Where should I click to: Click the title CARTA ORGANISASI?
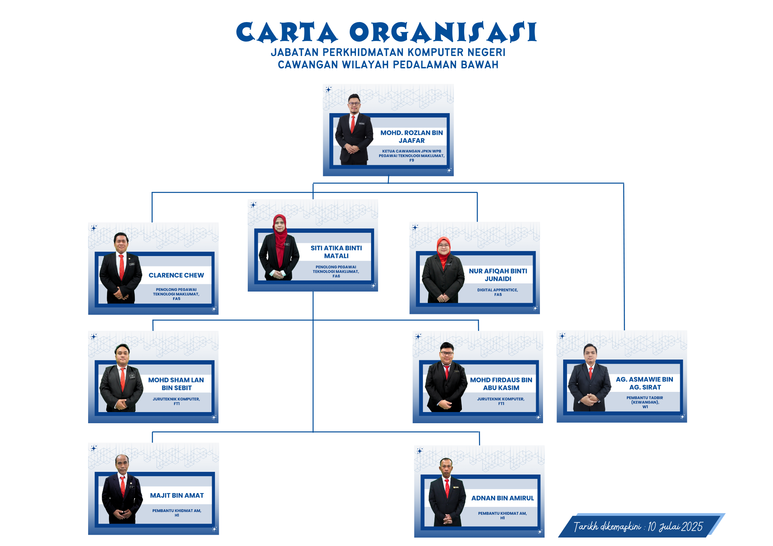point(386,32)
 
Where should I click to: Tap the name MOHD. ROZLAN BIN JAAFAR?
point(412,137)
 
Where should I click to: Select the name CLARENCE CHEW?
point(176,275)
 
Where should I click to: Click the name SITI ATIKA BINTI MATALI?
point(336,252)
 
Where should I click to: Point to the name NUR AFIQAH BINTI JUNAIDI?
point(498,275)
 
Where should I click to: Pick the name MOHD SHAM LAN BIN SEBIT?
point(176,384)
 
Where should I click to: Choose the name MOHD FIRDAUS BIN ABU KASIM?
point(501,384)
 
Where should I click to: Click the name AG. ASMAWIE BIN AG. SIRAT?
point(645,383)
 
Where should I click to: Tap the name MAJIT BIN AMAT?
point(177,495)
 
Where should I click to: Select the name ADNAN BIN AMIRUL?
point(502,498)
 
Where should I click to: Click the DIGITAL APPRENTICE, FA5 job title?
point(498,292)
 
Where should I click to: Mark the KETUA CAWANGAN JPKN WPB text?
point(412,151)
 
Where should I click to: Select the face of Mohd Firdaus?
point(447,352)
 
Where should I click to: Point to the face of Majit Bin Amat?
point(122,464)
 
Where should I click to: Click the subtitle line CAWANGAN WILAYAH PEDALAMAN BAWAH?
point(388,64)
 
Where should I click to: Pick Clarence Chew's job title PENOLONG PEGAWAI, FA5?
point(176,294)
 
